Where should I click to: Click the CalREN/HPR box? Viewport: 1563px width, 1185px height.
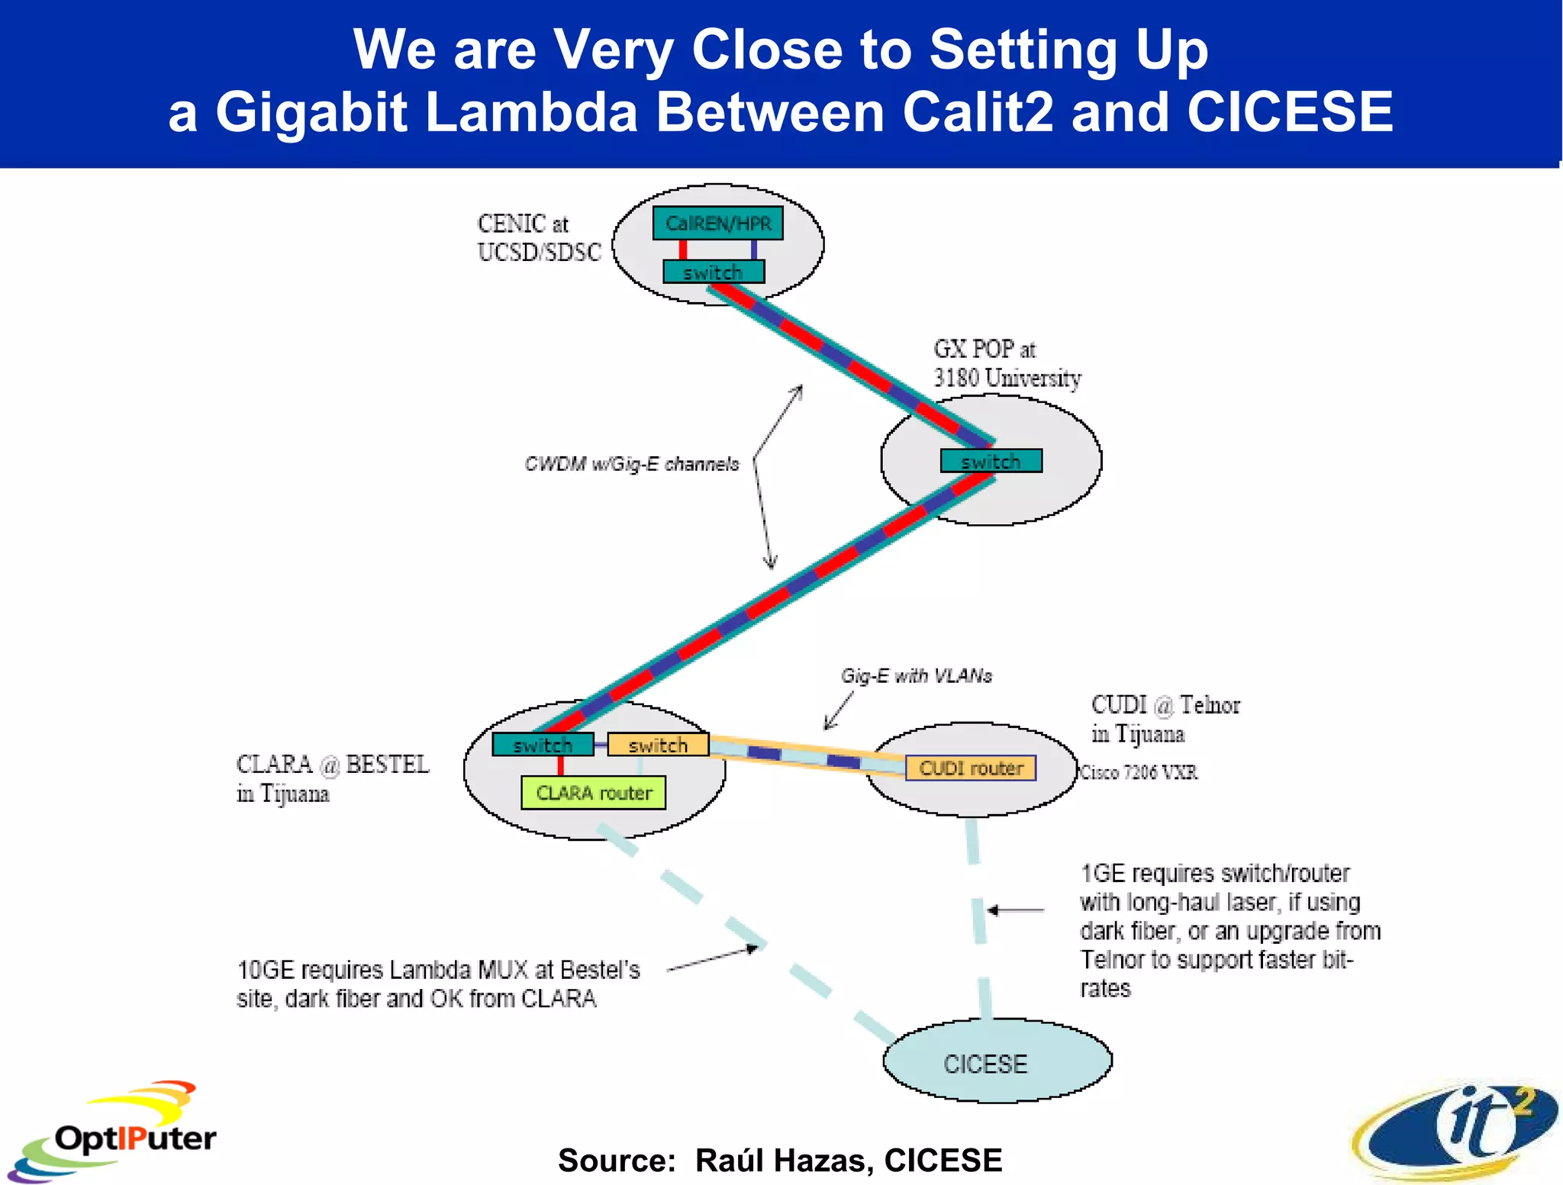coord(717,223)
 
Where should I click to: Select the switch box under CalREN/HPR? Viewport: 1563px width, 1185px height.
coord(714,272)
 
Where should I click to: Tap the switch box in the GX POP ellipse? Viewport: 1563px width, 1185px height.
coord(991,461)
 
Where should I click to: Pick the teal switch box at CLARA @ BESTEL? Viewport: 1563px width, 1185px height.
coord(543,744)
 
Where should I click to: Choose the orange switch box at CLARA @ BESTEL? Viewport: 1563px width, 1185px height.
coord(658,744)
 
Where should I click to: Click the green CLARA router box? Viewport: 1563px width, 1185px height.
coord(593,793)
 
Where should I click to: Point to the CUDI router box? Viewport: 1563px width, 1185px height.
coord(971,768)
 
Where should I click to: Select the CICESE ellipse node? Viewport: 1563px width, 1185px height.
coord(997,1061)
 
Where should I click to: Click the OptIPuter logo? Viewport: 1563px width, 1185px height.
coord(114,1132)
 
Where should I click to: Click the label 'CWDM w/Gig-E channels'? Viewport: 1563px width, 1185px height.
coord(631,464)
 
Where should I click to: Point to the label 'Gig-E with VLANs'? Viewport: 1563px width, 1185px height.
coord(916,675)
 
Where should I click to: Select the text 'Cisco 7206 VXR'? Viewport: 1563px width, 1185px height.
coord(1139,772)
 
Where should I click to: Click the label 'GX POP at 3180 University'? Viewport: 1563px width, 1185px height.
coord(1007,363)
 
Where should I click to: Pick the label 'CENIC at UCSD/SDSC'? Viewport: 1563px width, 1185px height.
coord(539,238)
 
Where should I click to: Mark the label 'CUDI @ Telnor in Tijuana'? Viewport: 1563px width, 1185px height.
coord(1165,719)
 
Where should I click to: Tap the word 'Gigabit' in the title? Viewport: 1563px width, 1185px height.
coord(311,112)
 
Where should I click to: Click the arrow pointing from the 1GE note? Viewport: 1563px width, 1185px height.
coord(1016,910)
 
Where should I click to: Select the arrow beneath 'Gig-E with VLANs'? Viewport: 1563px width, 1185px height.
coord(839,711)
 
